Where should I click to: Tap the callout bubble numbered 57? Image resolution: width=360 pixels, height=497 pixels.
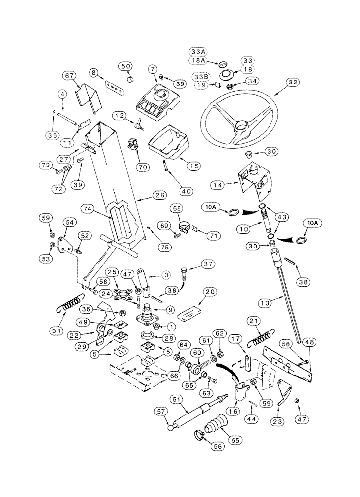tap(160, 411)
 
